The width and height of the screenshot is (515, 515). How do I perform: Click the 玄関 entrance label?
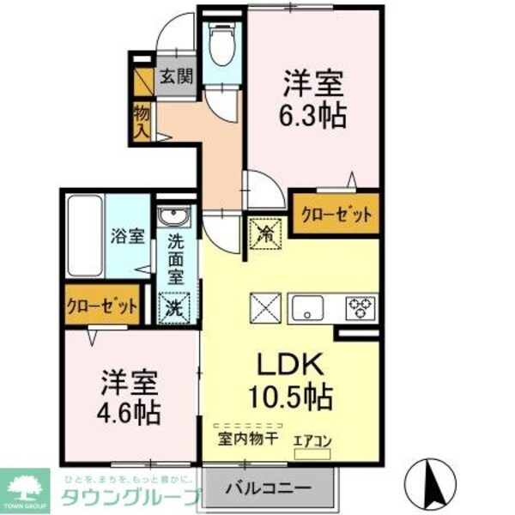pos(176,76)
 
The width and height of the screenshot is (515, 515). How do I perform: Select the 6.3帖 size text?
pos(315,115)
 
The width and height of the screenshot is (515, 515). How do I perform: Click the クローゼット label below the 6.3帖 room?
pos(336,214)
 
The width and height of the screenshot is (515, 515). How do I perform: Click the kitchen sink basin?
pos(309,306)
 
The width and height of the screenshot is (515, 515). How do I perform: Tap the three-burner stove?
pos(360,306)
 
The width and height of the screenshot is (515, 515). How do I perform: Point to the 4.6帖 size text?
pos(129,411)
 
